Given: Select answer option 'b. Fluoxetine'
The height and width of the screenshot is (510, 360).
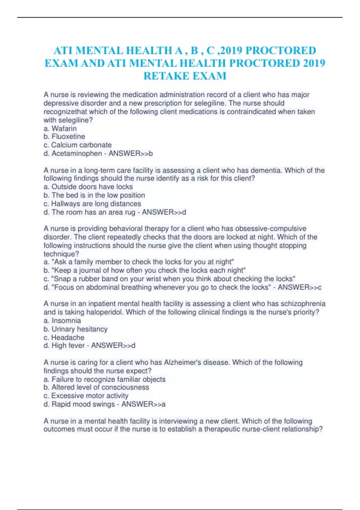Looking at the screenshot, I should coord(64,136).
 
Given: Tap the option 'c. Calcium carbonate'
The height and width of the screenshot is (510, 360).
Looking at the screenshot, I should coord(77,145).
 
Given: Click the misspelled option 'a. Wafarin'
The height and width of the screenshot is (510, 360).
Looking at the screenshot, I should coord(60,128).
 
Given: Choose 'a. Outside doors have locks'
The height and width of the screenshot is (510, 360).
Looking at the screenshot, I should coord(88,187).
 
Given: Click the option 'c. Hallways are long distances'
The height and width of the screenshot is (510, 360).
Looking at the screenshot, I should coord(92,204).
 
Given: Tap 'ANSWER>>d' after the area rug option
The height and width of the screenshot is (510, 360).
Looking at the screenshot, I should coord(164,212).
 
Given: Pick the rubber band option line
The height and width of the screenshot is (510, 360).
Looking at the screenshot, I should coord(169,279).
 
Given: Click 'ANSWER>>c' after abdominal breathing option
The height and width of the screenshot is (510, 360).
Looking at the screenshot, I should coord(299,287).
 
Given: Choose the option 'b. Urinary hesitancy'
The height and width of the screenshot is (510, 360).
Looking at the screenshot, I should coord(75,329).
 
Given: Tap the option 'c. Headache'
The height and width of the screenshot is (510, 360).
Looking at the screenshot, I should coord(64,337).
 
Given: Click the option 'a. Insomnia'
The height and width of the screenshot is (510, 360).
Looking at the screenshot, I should coord(62,321).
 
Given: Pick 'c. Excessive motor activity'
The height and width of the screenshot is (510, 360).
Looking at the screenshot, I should coord(86,396).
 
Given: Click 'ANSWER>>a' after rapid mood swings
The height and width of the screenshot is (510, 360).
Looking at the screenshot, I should coord(143,404).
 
